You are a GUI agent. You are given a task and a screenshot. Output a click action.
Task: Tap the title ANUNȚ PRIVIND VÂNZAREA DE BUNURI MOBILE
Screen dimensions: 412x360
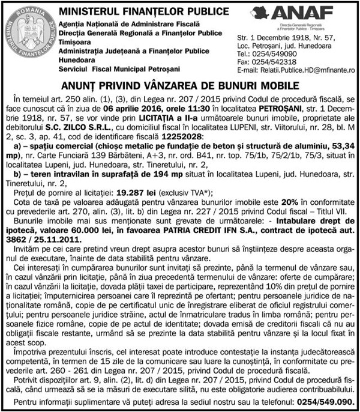click(x=179, y=85)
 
